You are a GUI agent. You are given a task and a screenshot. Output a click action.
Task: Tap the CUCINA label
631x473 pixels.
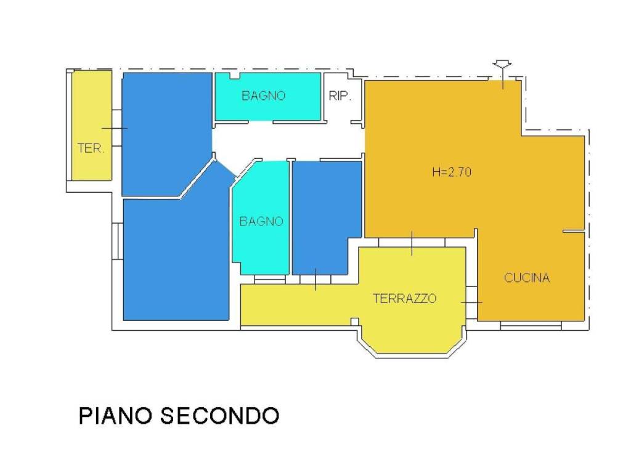(526, 278)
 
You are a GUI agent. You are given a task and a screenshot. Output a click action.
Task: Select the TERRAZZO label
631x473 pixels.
(405, 299)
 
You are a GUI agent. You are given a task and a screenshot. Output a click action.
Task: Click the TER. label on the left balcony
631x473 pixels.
(91, 148)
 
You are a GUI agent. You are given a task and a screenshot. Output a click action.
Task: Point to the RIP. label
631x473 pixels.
(340, 96)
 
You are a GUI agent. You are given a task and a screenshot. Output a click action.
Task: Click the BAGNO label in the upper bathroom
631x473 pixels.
(263, 96)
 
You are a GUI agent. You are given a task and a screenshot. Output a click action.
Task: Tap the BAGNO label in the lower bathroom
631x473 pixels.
(261, 222)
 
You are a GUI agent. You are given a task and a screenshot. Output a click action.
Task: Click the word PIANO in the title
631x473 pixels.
(116, 416)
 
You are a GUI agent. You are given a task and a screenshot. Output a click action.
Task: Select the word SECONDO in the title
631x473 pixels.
(219, 416)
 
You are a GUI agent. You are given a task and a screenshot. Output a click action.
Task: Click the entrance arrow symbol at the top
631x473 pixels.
(503, 65)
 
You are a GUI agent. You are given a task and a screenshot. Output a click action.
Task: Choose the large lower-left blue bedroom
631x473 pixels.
(176, 259)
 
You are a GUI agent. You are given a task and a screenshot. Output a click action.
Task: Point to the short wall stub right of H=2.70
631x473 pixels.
(573, 232)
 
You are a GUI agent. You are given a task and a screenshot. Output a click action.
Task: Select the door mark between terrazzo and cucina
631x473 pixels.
(471, 302)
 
